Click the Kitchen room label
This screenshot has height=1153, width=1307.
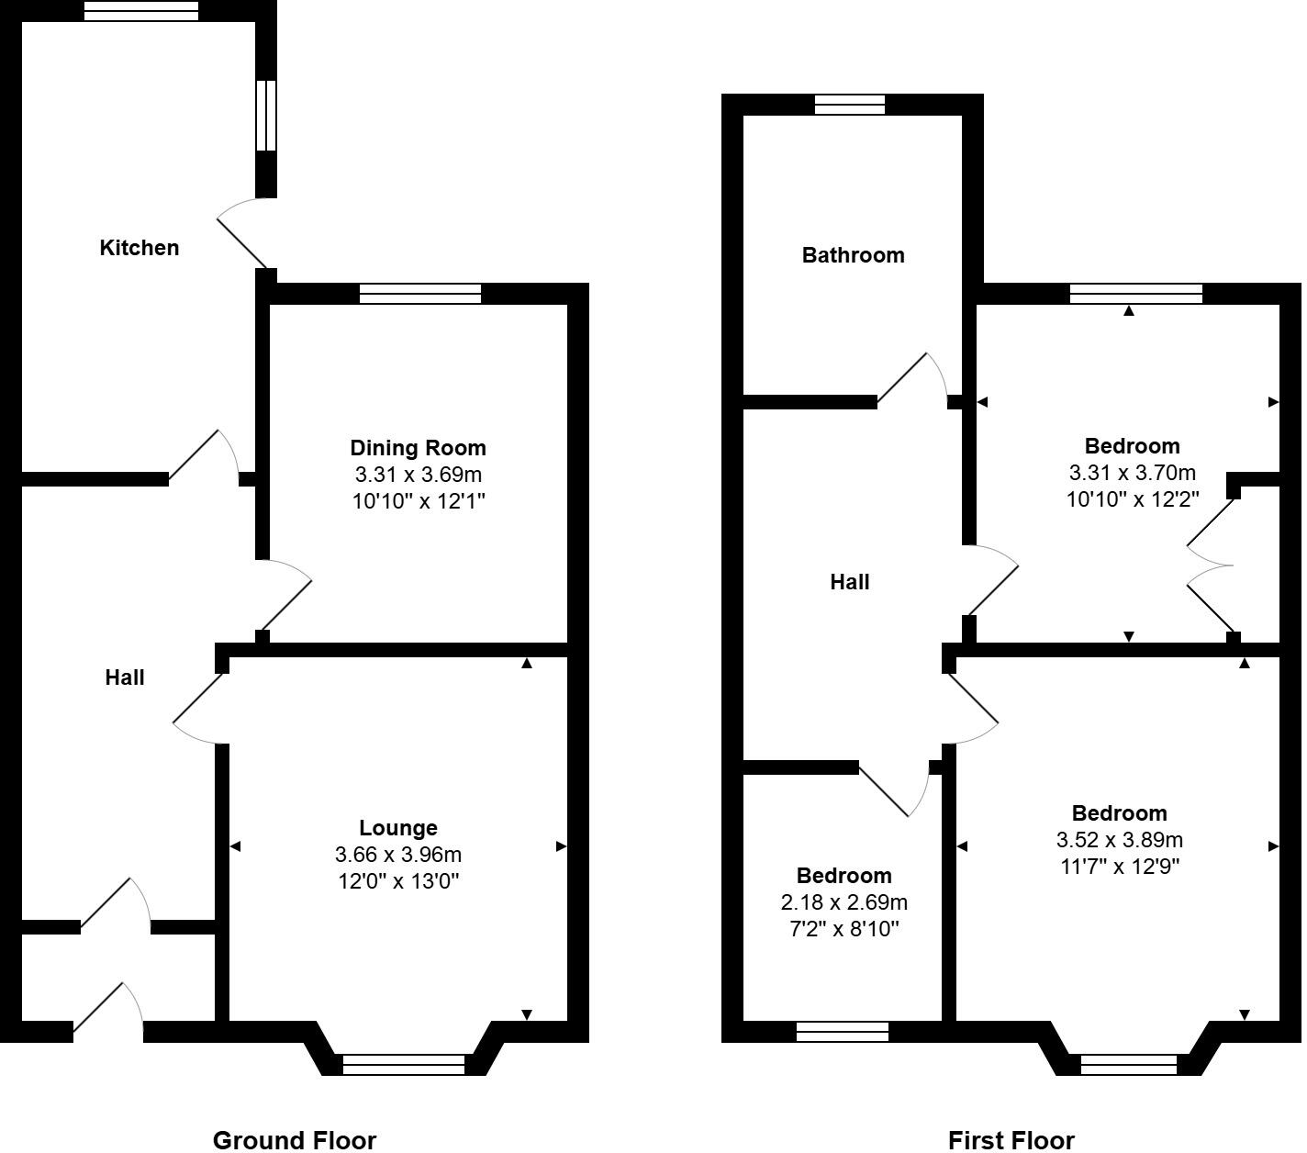click(140, 248)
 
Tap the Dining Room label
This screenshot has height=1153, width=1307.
click(418, 448)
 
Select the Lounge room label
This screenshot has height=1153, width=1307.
click(398, 828)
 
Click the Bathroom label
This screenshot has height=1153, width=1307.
click(853, 255)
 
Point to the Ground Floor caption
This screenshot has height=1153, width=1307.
click(295, 1140)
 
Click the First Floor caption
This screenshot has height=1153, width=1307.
click(1011, 1140)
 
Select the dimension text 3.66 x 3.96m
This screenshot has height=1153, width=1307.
click(398, 855)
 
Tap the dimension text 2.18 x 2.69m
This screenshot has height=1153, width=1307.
click(844, 902)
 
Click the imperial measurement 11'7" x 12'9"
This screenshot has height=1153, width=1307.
click(1119, 867)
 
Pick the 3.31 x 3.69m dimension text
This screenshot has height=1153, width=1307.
click(418, 476)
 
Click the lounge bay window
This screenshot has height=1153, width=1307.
click(404, 1065)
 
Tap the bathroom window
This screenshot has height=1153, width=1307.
click(850, 105)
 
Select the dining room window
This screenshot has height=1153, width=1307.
click(420, 294)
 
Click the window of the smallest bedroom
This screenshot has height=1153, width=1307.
click(843, 1032)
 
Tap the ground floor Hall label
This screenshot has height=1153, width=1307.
click(125, 677)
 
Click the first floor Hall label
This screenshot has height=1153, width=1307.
click(850, 582)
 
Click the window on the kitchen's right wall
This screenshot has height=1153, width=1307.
click(266, 116)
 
